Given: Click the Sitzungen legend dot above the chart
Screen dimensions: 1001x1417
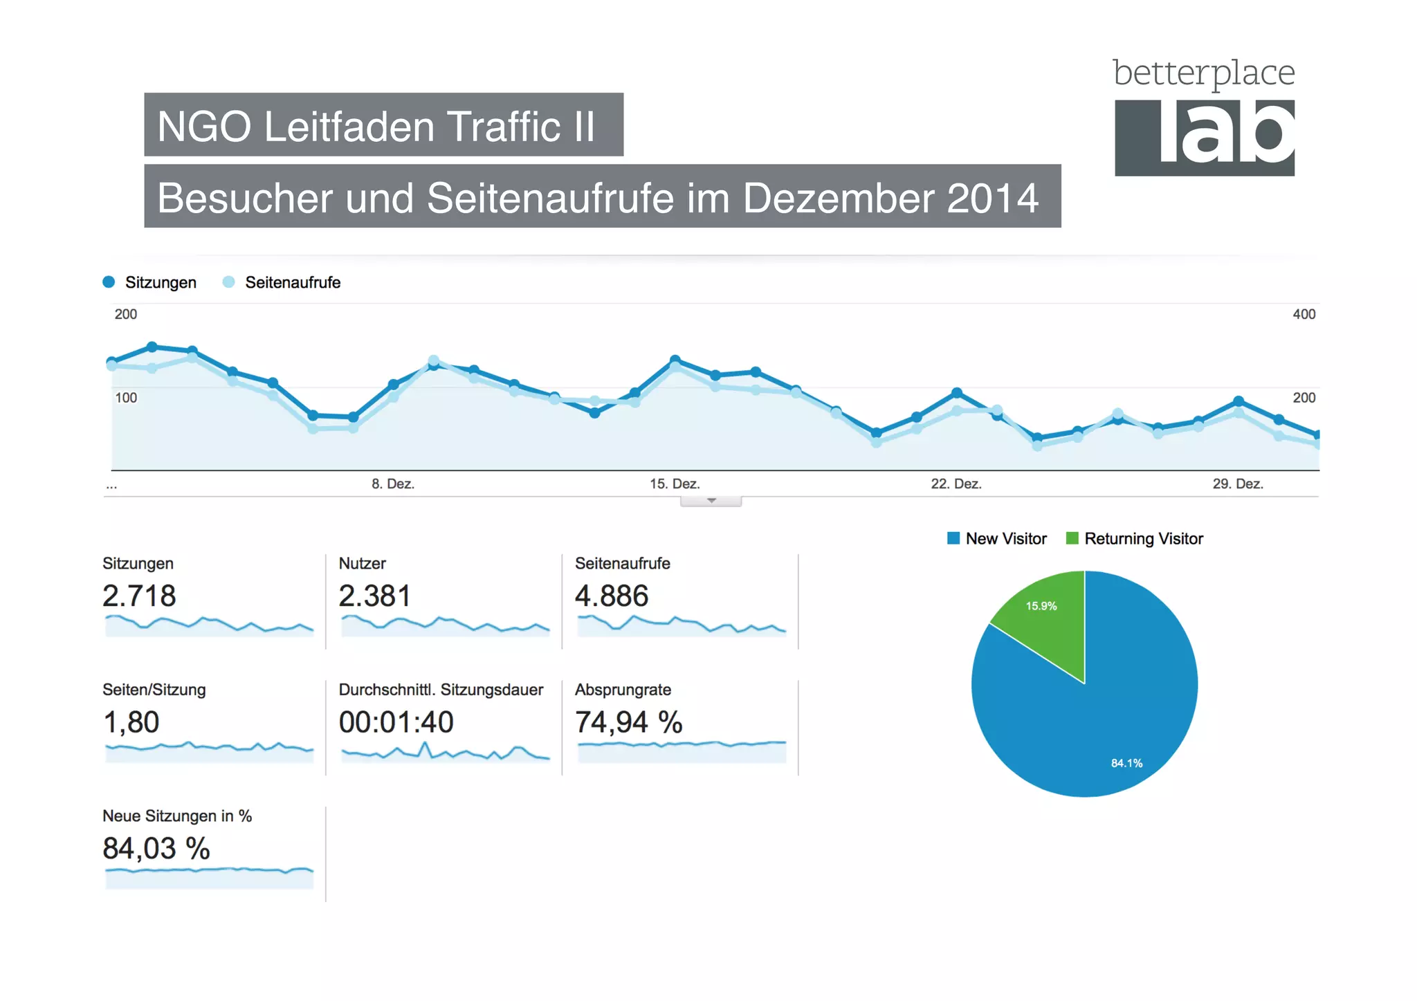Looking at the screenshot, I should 109,282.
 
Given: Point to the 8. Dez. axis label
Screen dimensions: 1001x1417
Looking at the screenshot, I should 392,484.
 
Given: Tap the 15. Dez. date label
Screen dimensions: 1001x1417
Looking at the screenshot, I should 674,484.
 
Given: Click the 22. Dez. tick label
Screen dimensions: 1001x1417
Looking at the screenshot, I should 956,484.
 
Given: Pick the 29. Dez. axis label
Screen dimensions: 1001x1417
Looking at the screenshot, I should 1237,484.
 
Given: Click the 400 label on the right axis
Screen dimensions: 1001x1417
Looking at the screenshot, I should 1304,314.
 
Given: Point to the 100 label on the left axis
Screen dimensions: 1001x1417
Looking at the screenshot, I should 126,398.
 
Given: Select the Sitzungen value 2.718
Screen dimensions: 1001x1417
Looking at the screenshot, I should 139,596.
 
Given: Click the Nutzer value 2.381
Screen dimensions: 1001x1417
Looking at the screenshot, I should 374,596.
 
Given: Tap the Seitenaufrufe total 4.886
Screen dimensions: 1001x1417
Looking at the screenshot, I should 612,596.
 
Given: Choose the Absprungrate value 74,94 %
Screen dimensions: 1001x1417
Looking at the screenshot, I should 628,722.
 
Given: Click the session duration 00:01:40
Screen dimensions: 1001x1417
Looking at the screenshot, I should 396,722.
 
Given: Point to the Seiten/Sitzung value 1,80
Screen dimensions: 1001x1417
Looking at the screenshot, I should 131,722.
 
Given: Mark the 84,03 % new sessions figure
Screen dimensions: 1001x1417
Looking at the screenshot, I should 156,848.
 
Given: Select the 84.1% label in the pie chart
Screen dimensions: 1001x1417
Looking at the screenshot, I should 1126,763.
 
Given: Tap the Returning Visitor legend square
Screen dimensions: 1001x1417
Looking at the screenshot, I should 1072,538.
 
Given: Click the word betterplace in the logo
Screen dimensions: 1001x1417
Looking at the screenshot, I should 1203,73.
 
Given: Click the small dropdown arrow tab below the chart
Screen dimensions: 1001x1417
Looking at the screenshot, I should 711,501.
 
